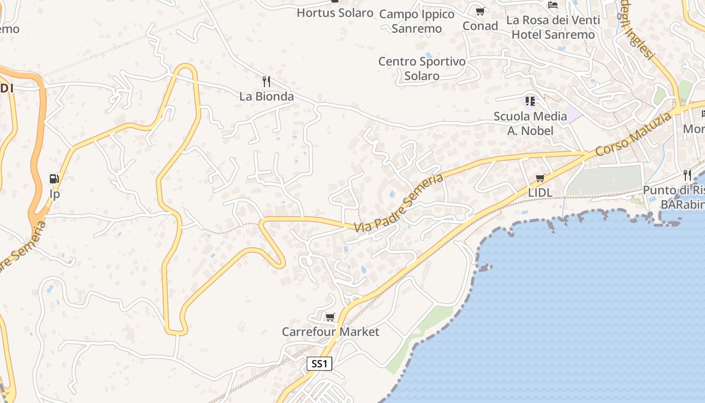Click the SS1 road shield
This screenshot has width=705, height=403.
(x=319, y=364)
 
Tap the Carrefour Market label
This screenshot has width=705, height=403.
(x=330, y=332)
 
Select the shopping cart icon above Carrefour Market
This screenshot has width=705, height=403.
(x=330, y=317)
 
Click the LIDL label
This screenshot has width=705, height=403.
(x=540, y=192)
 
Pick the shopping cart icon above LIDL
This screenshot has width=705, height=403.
(x=540, y=178)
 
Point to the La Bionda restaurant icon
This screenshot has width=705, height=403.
(x=266, y=81)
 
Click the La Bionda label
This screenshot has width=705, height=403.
(x=266, y=96)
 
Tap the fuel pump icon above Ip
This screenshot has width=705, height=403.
(x=54, y=179)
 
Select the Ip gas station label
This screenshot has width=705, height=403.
(x=54, y=194)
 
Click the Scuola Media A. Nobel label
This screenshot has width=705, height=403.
(x=530, y=123)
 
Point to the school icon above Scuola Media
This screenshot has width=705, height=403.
(x=530, y=102)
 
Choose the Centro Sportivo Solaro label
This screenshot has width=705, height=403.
(x=422, y=69)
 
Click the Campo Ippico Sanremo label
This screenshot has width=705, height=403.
(x=416, y=21)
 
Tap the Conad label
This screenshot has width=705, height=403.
(x=480, y=26)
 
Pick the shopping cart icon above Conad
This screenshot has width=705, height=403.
(x=480, y=11)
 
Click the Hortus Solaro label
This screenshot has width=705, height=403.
(x=335, y=13)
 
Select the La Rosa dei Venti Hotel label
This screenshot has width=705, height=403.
(x=553, y=27)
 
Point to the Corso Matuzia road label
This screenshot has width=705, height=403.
(x=633, y=134)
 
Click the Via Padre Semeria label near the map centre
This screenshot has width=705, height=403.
(x=398, y=203)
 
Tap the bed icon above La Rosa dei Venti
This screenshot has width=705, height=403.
(x=553, y=5)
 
